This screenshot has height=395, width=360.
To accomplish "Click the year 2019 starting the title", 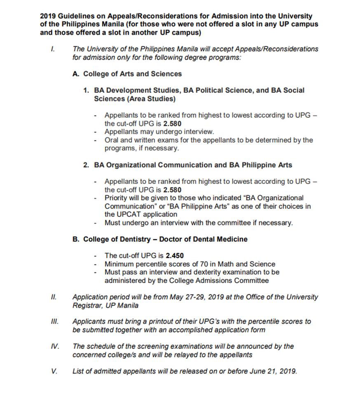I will [48, 16].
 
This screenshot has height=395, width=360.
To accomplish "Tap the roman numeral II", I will [53, 297].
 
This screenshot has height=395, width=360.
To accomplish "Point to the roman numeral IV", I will [54, 346].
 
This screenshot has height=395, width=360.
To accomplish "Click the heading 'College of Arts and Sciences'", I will [132, 74].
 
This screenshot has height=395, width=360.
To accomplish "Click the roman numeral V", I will [54, 371].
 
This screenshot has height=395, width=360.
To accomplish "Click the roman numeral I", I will [52, 49].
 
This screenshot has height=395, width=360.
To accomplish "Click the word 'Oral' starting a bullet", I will [112, 140].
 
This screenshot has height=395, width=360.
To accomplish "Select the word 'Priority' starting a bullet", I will [117, 198].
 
